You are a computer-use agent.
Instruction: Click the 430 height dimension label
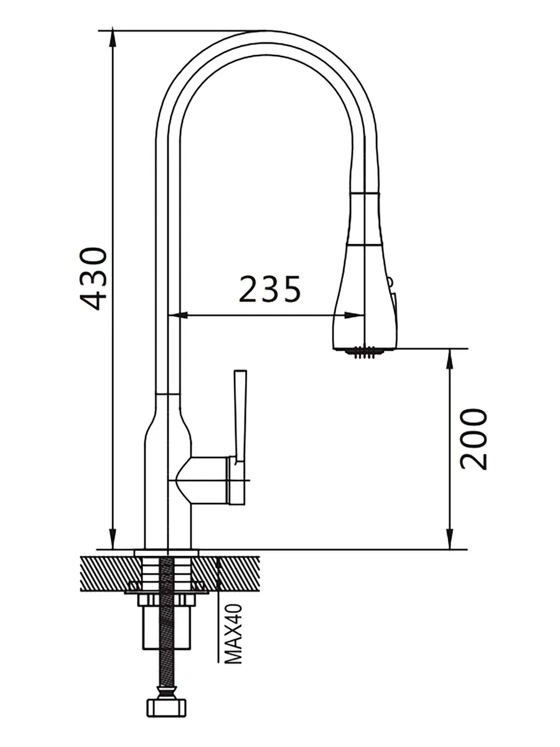pos(93,278)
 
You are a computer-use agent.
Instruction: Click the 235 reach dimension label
pos(270,289)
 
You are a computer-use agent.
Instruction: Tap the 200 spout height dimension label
pos(474,439)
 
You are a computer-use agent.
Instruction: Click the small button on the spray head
pos(390,281)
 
